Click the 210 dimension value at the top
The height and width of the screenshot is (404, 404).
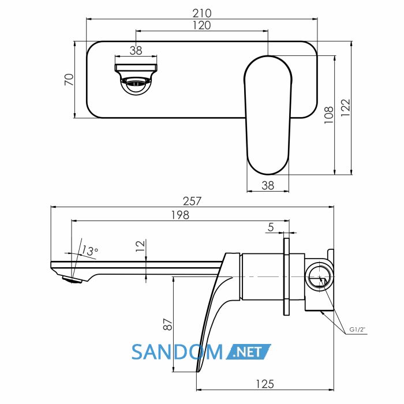[202, 13]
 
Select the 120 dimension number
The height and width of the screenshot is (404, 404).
[202, 25]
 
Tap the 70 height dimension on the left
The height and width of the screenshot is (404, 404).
[69, 80]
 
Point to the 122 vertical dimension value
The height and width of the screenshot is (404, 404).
[346, 108]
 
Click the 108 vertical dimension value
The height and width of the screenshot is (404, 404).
[329, 115]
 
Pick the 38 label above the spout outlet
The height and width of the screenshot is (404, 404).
[136, 51]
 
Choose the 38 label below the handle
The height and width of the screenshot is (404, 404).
[268, 185]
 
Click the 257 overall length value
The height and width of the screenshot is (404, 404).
[192, 201]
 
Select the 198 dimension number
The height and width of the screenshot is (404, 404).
[180, 215]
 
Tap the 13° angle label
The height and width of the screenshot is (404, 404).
[89, 250]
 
